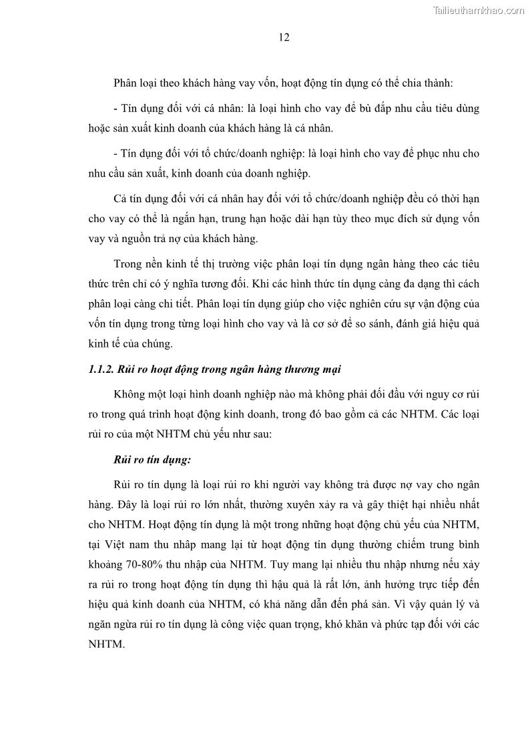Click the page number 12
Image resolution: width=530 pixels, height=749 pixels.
(283, 37)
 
